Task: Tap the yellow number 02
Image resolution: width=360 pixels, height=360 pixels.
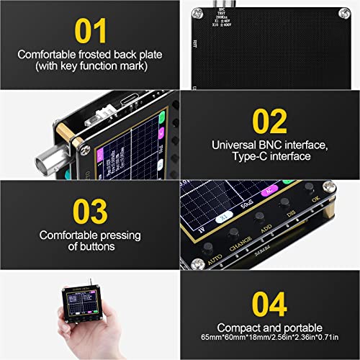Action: pyautogui.click(x=269, y=122)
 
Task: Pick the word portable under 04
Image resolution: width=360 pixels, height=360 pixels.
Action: pyautogui.click(x=289, y=328)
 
